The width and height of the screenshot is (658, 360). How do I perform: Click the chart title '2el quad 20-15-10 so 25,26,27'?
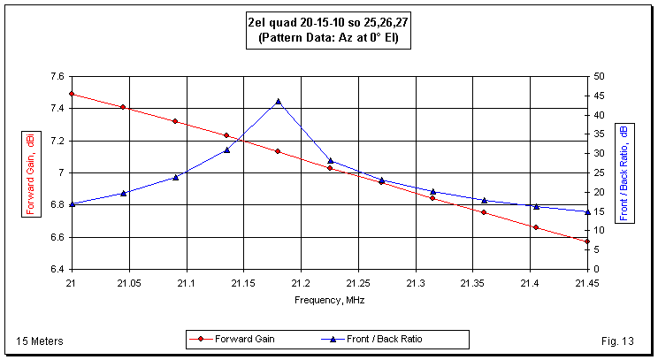328,23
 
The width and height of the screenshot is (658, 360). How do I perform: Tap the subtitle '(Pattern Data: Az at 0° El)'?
328,38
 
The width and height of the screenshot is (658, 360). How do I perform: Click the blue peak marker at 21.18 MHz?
278,102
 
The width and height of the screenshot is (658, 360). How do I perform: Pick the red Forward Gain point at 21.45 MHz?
586,241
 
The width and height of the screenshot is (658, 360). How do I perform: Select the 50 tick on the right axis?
599,77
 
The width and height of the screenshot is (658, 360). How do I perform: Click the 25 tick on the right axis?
599,173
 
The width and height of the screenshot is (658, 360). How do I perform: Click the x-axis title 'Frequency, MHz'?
329,300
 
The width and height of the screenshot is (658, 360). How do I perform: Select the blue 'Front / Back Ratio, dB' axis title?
624,173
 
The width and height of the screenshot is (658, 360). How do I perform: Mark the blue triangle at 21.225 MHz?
330,160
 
